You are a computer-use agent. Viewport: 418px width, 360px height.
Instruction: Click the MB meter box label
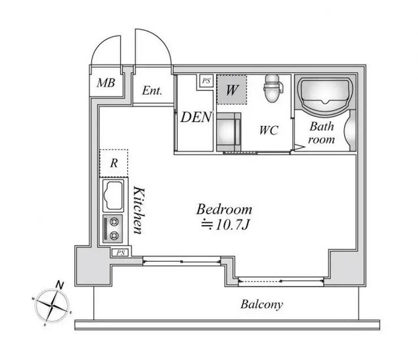tap(106, 83)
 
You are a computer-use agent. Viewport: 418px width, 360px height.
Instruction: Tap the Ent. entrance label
tap(152, 90)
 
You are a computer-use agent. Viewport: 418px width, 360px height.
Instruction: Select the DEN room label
tap(196, 117)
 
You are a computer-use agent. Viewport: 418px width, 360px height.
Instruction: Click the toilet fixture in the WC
tap(273, 89)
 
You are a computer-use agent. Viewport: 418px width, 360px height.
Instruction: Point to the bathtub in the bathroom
tap(325, 95)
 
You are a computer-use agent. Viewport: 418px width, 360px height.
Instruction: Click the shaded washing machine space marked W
tap(232, 90)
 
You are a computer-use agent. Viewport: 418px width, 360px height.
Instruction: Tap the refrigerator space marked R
tap(114, 163)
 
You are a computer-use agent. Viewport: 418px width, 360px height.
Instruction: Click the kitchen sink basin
tap(114, 196)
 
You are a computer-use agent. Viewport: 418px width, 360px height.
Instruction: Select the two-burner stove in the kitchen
tap(113, 229)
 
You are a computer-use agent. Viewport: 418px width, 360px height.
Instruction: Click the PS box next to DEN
tap(206, 81)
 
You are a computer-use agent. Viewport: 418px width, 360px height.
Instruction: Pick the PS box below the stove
tap(120, 252)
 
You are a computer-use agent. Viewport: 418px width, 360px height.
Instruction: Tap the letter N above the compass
tap(60, 285)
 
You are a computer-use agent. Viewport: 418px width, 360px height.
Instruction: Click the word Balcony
tap(262, 304)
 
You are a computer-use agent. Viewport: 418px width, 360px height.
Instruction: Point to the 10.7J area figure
tap(225, 225)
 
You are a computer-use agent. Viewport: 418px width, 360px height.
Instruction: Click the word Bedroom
tap(224, 209)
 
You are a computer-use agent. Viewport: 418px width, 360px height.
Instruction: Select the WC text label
tap(269, 130)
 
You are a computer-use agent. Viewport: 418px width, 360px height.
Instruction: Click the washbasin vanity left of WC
tap(229, 132)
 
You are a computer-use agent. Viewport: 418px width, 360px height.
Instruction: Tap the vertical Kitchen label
tap(139, 210)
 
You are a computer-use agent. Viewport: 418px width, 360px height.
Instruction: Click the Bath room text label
tap(321, 133)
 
